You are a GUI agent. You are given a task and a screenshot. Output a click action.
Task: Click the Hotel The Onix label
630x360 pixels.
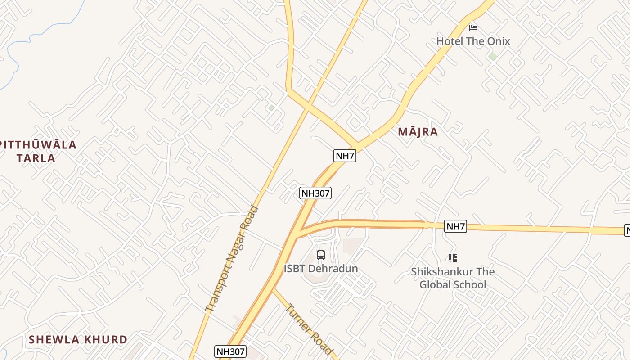click(x=473, y=41)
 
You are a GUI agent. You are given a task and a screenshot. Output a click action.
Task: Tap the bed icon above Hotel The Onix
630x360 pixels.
click(x=473, y=28)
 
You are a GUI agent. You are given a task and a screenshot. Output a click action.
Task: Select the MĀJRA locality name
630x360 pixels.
click(x=418, y=132)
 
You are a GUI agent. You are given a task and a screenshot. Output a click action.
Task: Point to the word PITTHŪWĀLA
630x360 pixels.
click(x=39, y=145)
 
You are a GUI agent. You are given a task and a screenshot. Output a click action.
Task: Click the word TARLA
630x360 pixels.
click(x=36, y=158)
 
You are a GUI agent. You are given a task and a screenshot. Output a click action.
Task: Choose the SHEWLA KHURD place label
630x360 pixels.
click(x=78, y=339)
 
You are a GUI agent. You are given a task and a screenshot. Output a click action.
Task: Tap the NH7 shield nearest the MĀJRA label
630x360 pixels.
click(x=345, y=156)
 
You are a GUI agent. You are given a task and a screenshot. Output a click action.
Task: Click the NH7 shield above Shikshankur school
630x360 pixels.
click(x=455, y=226)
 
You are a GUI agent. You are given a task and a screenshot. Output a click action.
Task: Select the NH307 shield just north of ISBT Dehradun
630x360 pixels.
click(x=315, y=193)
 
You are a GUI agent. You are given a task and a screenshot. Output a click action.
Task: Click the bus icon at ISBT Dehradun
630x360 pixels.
click(x=321, y=255)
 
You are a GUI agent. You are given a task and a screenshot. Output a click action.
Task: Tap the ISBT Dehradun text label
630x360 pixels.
click(x=321, y=269)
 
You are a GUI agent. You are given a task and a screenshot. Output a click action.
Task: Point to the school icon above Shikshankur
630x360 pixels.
click(x=453, y=258)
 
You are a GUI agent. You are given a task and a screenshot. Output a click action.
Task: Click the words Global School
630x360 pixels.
click(x=453, y=284)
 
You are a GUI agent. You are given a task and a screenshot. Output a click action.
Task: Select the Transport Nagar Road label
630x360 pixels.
click(x=232, y=259)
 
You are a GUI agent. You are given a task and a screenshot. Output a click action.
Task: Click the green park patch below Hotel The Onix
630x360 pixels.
click(x=493, y=56)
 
